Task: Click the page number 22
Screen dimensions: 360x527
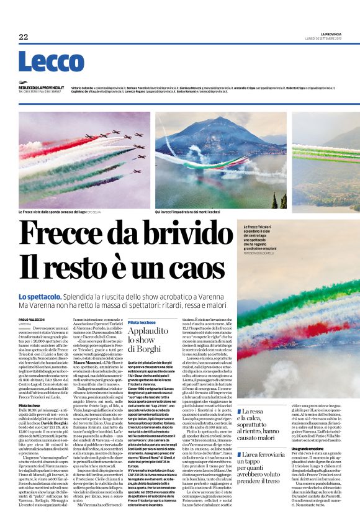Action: [24, 37]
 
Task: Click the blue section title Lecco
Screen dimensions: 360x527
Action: [51, 61]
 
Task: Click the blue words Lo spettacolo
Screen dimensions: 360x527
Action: [40, 297]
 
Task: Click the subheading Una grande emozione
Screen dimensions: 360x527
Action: [305, 448]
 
